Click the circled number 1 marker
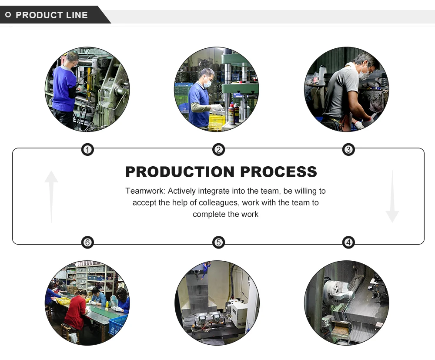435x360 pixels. coord(88,150)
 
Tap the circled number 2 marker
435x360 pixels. coord(218,150)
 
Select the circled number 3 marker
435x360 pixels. coord(348,150)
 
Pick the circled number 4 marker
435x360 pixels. coord(348,242)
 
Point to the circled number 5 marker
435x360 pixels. coord(218,242)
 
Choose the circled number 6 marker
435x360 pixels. coord(88,242)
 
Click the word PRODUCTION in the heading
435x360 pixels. coord(180,172)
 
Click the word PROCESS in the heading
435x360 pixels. coord(278,172)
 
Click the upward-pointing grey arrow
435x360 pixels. coord(51,196)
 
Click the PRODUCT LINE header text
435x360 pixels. coord(52,15)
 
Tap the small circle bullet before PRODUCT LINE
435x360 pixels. coord(8,15)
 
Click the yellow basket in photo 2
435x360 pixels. coord(217,121)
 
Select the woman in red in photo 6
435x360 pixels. coord(75,311)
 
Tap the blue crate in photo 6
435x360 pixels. coord(117,325)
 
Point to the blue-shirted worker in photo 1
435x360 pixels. coord(64,89)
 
